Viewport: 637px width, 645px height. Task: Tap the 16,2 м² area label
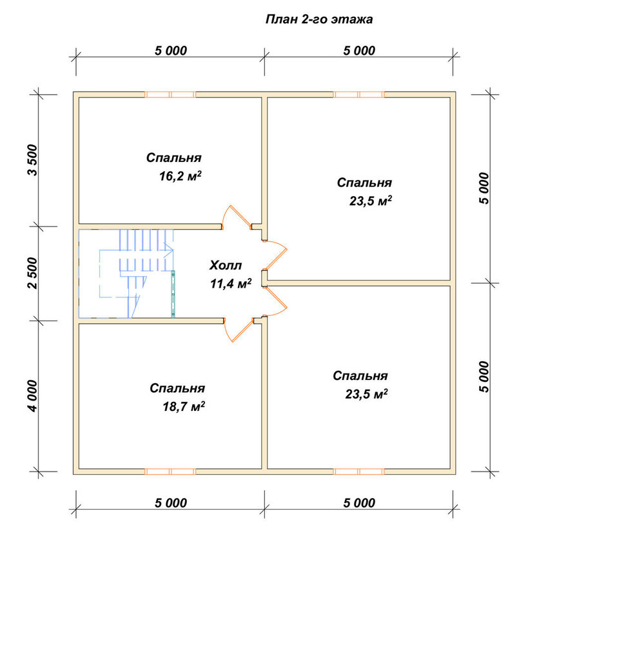(x=180, y=176)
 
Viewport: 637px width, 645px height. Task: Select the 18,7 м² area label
(x=183, y=406)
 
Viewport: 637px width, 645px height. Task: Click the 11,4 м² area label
(x=231, y=283)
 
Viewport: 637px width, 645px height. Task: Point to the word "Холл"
(x=226, y=265)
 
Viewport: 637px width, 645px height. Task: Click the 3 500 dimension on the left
(x=32, y=160)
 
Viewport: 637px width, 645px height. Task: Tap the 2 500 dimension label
(x=32, y=273)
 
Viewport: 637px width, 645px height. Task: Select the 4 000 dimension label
(x=32, y=395)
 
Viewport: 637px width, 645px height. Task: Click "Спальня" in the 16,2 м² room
(x=173, y=157)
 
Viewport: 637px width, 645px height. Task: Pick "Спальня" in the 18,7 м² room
(x=177, y=388)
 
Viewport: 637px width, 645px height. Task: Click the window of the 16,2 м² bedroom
(x=170, y=95)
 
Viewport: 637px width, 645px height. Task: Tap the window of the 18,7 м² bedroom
(x=170, y=471)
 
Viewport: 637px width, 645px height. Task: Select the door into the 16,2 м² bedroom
(x=237, y=217)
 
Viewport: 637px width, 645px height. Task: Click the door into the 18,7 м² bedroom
(x=239, y=330)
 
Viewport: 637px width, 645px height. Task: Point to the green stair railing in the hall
(x=173, y=294)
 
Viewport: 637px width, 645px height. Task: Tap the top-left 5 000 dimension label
(x=171, y=50)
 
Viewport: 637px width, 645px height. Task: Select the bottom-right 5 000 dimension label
(x=359, y=502)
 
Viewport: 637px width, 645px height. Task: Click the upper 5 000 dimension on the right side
(x=484, y=188)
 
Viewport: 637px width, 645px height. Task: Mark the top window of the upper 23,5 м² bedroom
(x=358, y=95)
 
